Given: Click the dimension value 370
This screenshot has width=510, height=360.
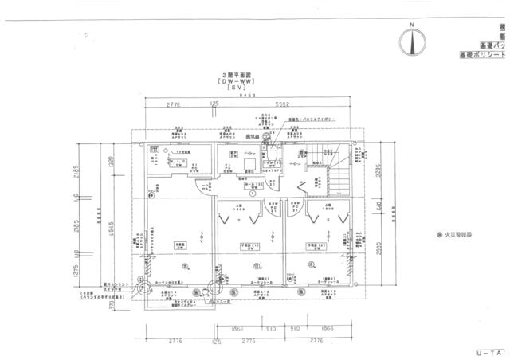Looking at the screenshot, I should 112,303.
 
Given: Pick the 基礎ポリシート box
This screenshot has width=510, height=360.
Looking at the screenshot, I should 484,56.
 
